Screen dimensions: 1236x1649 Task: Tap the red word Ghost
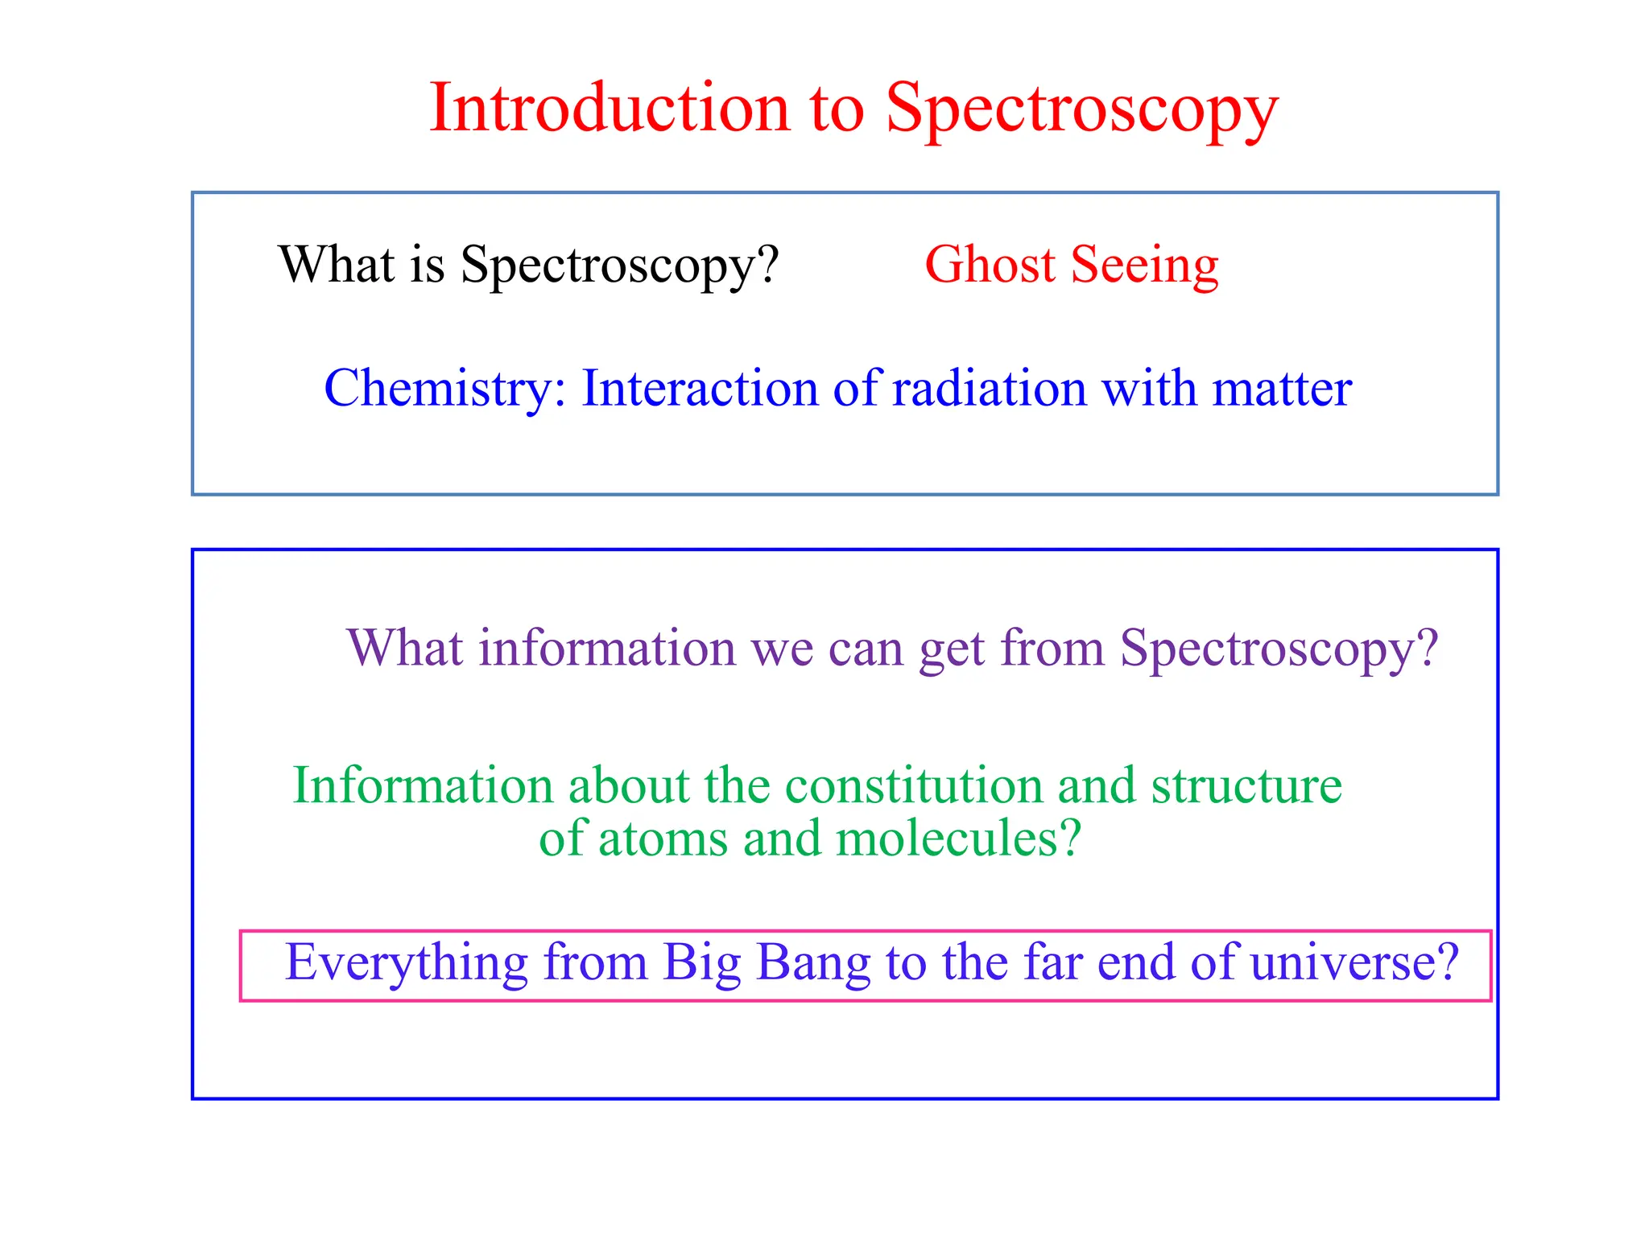click(990, 265)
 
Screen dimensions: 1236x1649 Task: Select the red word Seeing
click(1144, 266)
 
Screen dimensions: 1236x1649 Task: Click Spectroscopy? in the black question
click(619, 266)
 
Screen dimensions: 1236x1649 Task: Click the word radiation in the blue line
click(990, 389)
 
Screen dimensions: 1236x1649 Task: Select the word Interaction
click(700, 389)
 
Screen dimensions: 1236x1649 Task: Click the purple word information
click(607, 648)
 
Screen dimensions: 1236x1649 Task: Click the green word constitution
click(914, 785)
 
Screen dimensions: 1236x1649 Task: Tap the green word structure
click(1246, 785)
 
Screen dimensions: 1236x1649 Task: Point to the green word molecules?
click(957, 839)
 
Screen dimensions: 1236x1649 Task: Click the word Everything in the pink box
click(407, 963)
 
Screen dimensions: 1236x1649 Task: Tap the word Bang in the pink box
click(813, 963)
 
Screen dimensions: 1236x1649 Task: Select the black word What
click(337, 265)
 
